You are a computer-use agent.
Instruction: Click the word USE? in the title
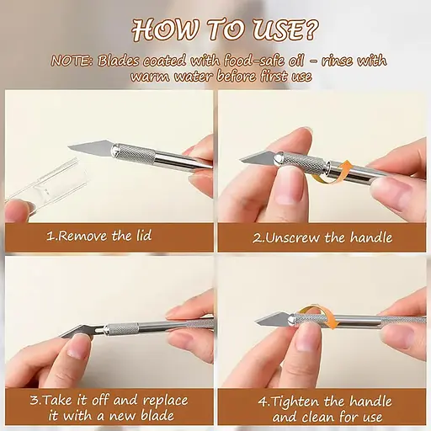(x=285, y=29)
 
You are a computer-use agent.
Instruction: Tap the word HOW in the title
(x=166, y=29)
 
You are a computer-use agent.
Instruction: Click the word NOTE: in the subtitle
(x=72, y=61)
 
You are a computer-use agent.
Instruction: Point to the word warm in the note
(x=150, y=77)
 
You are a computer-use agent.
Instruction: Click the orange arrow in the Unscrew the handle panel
(x=331, y=173)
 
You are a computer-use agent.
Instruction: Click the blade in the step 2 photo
(x=258, y=158)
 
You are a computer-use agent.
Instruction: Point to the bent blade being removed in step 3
(x=78, y=331)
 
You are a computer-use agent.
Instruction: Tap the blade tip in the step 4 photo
(x=257, y=322)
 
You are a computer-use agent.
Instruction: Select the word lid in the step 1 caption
(x=144, y=235)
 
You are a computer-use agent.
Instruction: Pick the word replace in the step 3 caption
(x=165, y=401)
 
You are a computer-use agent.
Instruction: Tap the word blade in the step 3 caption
(x=157, y=416)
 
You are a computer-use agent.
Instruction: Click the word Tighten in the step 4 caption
(x=295, y=402)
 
